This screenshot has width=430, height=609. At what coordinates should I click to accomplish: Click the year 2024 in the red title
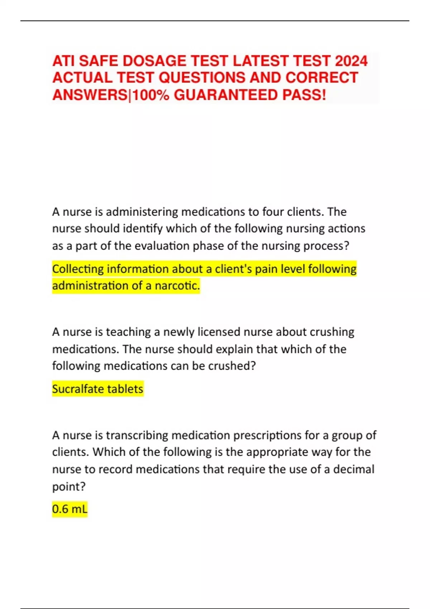(x=351, y=61)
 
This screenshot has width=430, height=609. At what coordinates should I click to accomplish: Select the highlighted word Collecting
(x=78, y=269)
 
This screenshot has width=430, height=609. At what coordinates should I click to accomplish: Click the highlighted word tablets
(x=125, y=389)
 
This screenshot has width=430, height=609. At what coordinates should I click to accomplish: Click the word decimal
(x=354, y=469)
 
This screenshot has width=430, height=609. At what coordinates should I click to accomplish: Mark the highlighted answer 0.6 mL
(x=70, y=509)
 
